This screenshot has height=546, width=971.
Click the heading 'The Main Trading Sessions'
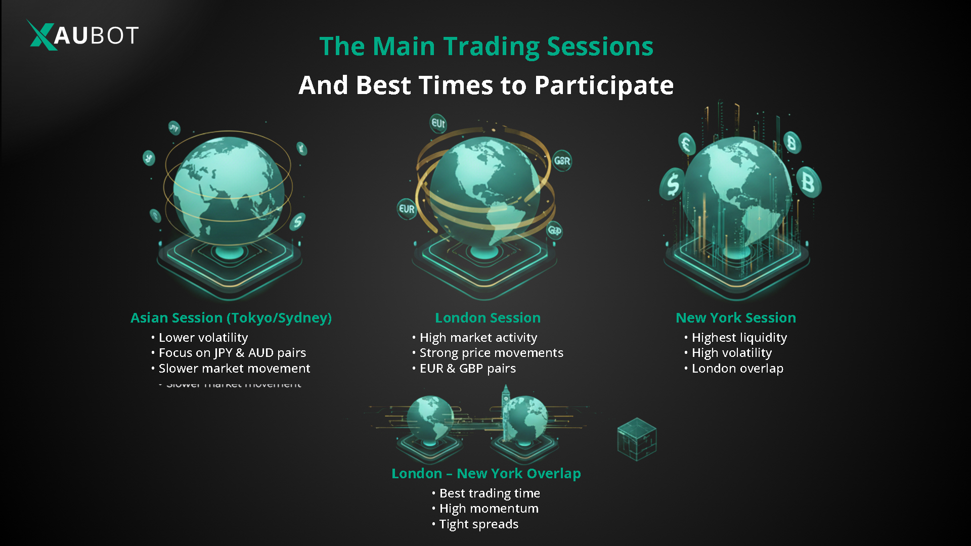pos(486,47)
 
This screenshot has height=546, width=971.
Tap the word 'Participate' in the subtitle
pos(604,85)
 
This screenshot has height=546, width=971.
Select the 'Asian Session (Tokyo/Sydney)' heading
pos(231,317)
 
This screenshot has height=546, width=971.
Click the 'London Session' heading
pos(488,317)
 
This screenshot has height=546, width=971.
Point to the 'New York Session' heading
pos(735,317)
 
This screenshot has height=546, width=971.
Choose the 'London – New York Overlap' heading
pos(486,473)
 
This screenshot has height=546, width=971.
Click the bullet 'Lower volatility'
pos(203,337)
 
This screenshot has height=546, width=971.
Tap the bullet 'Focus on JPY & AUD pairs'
pos(232,352)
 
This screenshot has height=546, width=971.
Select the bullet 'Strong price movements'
pos(491,352)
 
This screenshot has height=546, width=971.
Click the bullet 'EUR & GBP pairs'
pos(468,368)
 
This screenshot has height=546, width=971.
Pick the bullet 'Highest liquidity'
pos(739,337)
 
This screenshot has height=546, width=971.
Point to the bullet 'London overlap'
pos(737,368)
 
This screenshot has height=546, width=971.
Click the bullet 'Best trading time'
pos(490,493)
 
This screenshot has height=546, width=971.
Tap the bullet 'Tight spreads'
pos(478,524)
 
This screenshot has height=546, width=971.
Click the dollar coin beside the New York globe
pos(673,184)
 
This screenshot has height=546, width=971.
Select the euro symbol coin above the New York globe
pos(686,144)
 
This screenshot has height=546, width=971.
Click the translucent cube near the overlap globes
pos(637,439)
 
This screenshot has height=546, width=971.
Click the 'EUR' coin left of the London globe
pos(407,209)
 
